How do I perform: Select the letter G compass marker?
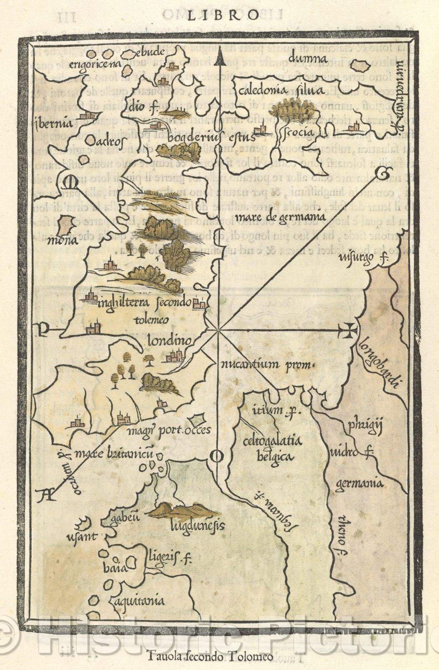[x=381, y=172]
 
